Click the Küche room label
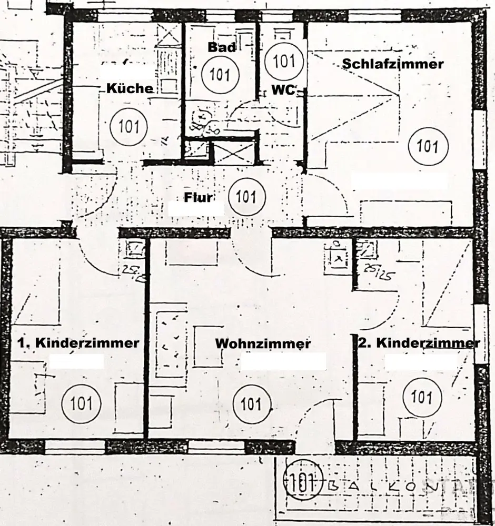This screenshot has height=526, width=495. (x=130, y=88)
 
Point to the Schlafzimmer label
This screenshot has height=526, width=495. (x=393, y=64)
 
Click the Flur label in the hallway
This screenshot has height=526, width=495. (x=198, y=198)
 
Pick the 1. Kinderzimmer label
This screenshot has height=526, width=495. (x=79, y=343)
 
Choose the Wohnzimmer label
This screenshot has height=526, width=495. (x=263, y=344)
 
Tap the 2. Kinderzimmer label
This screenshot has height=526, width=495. (x=419, y=343)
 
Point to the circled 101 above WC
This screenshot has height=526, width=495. (x=284, y=62)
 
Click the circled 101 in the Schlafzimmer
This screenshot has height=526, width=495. (x=427, y=145)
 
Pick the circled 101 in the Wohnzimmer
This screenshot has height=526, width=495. (x=251, y=404)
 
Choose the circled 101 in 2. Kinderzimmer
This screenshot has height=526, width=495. (x=421, y=397)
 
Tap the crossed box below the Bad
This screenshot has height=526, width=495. (x=233, y=152)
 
